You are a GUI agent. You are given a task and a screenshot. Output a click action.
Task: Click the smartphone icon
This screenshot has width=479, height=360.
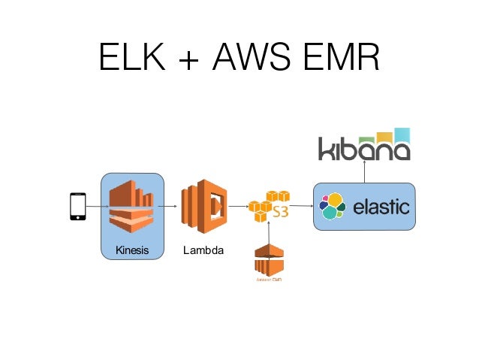pyautogui.click(x=77, y=207)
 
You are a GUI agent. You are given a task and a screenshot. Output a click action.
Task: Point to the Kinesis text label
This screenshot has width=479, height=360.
pyautogui.click(x=131, y=250)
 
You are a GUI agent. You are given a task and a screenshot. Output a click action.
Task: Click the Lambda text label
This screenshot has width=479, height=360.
pyautogui.click(x=203, y=250)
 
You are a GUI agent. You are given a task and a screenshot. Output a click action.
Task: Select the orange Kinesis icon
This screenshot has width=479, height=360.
pyautogui.click(x=131, y=207)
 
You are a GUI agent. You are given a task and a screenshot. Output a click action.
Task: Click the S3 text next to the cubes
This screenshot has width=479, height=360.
pyautogui.click(x=280, y=210)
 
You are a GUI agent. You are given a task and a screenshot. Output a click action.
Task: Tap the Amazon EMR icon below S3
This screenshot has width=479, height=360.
pyautogui.click(x=268, y=261)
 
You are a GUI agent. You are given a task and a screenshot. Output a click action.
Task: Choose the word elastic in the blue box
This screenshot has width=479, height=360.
pyautogui.click(x=381, y=206)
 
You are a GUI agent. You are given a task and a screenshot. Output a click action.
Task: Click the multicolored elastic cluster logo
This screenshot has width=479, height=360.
pyautogui.click(x=332, y=206)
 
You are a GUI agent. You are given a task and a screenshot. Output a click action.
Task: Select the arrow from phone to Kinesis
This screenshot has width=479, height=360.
pyautogui.click(x=94, y=206)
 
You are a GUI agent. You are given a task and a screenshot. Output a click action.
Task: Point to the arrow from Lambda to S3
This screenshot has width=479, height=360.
pyautogui.click(x=239, y=206)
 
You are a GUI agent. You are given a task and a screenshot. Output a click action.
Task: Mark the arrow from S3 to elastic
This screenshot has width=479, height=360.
pyautogui.click(x=300, y=206)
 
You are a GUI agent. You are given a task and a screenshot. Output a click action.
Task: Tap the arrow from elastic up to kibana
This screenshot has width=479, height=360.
pyautogui.click(x=364, y=171)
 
